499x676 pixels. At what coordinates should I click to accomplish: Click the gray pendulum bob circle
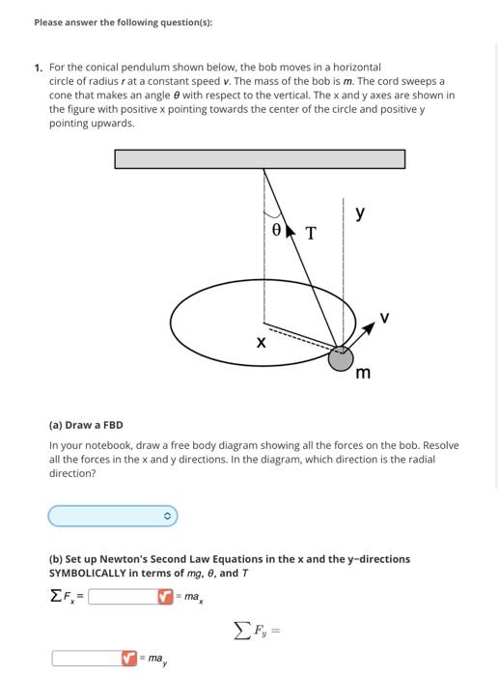point(341,359)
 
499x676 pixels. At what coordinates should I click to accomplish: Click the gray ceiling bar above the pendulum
point(260,157)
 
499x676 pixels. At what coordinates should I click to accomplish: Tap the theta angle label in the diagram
point(277,231)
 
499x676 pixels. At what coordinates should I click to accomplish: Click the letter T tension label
point(310,233)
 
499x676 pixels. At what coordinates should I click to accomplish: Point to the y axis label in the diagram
point(360,213)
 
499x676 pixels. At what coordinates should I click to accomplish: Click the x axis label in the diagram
point(260,342)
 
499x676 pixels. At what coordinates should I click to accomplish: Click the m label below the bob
point(363,373)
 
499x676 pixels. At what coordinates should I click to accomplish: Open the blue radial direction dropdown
point(113,517)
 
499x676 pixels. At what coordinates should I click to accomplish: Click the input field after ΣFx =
point(124,597)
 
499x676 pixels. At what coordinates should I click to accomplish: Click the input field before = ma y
point(87,659)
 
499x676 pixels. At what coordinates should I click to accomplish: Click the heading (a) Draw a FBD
point(86,425)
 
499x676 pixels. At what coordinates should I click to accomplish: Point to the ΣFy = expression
point(255,632)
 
